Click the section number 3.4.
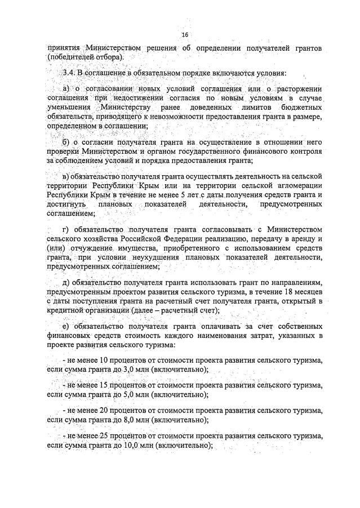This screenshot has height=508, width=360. [x=69, y=74]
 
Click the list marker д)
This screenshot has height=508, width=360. [x=66, y=283]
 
